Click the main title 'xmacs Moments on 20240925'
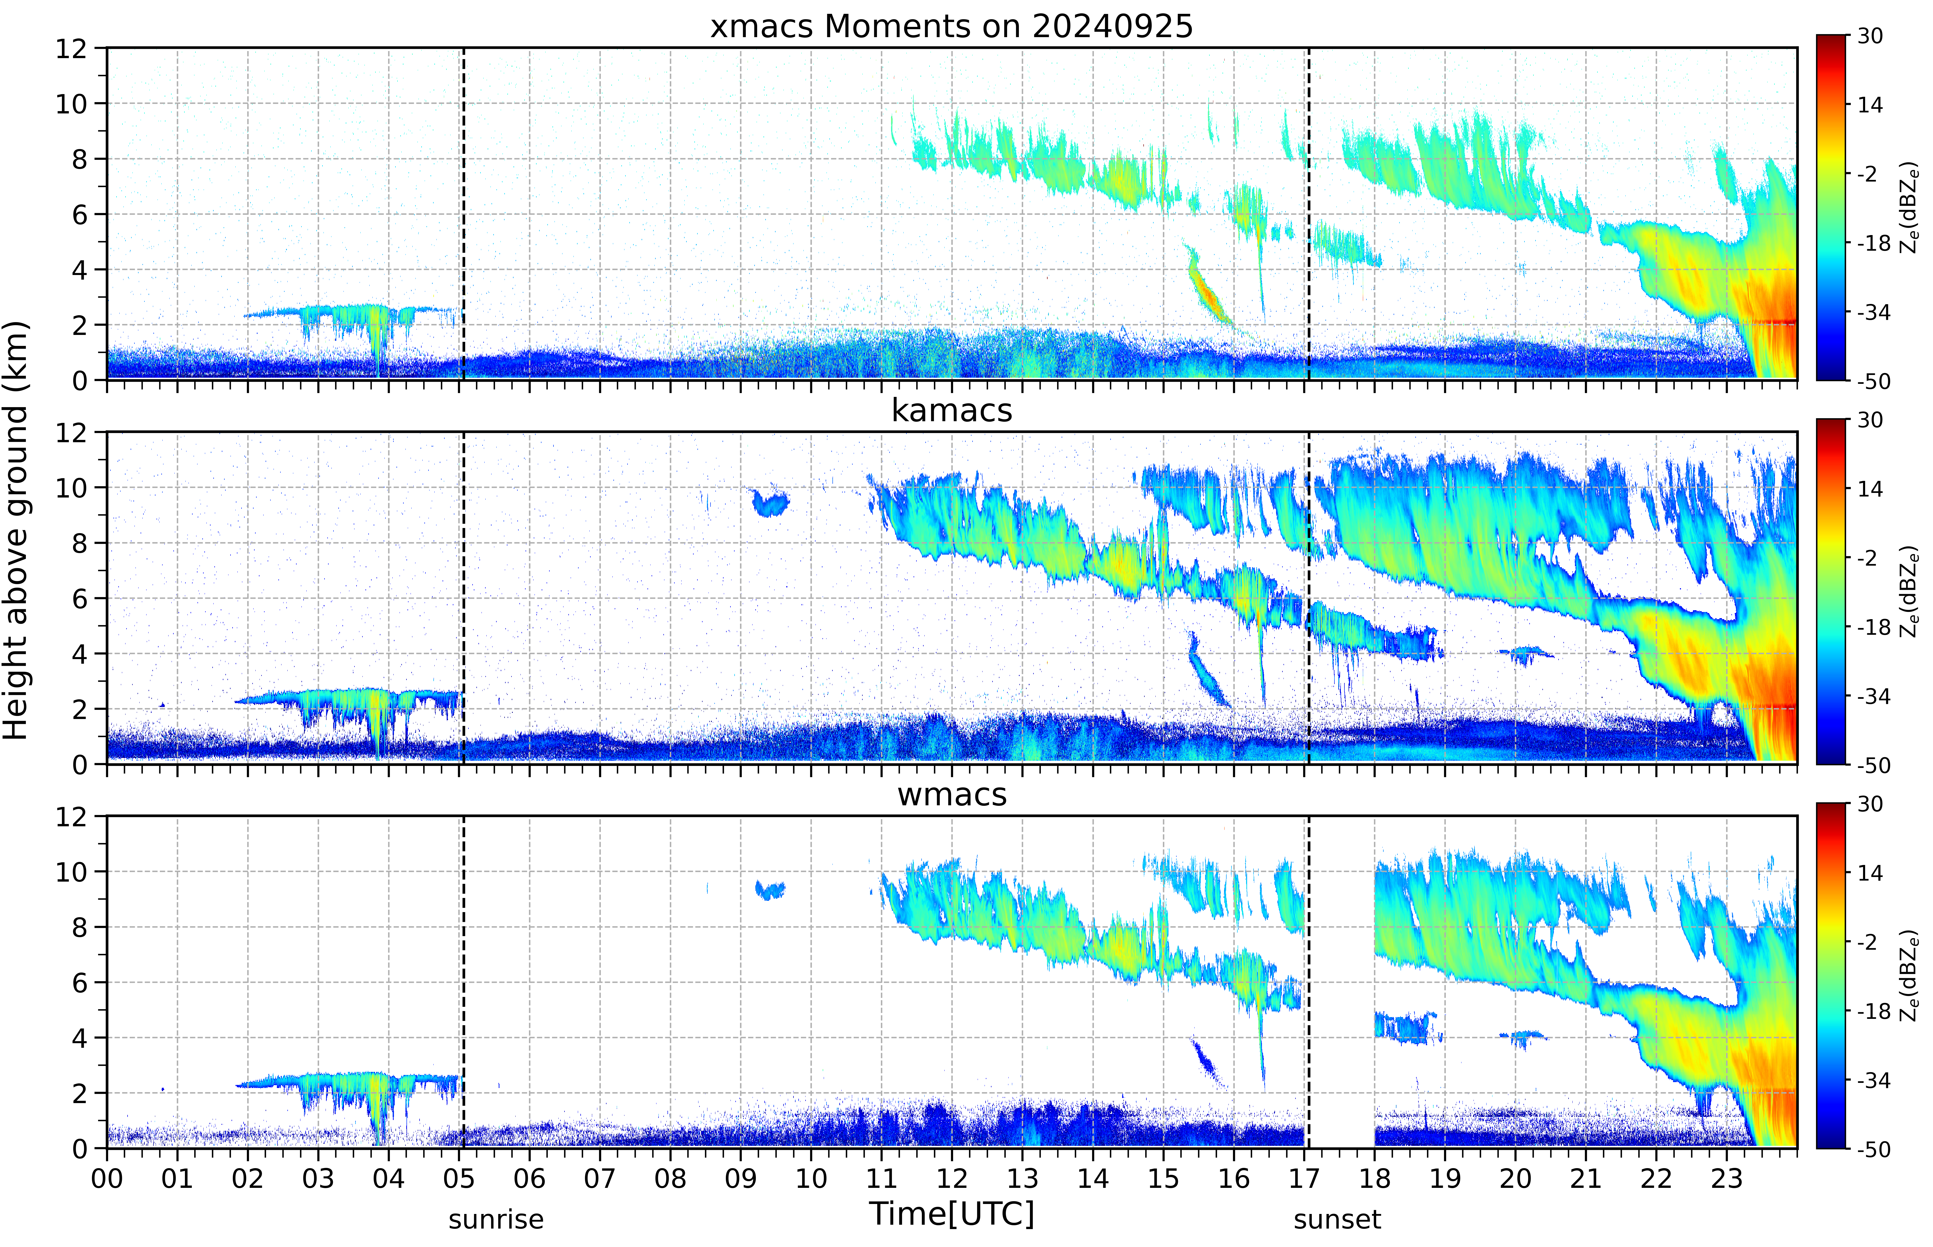952,27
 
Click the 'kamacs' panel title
952,410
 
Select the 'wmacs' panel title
952,794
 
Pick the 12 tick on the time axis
952,1178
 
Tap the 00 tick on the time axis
107,1178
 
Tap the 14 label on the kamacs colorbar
1870,489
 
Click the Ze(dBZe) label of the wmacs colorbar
1909,976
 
